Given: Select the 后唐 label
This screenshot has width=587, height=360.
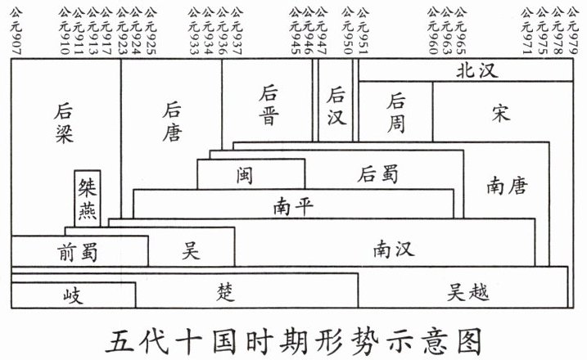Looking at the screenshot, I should pos(172,120).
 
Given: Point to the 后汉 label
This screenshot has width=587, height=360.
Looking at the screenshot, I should pos(336,106).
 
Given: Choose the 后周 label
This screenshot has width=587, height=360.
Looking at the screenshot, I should pos(396,112).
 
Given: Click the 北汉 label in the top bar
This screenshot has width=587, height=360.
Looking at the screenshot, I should pos(476,71).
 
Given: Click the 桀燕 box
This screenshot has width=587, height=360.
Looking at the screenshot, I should pos(87,199).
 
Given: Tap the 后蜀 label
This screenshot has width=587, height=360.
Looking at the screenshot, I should pos(378,173).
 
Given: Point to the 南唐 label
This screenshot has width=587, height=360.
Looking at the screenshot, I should pos(506,186).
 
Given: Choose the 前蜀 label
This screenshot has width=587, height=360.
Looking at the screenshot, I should pos(78,251).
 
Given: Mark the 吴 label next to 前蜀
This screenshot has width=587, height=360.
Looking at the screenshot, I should pos(191,250).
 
